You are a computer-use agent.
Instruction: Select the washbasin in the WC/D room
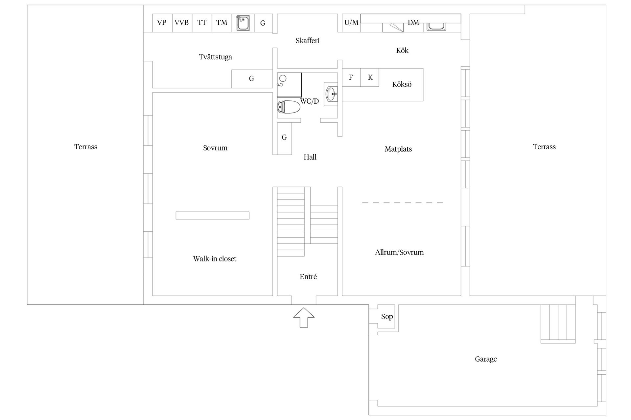pos(331,94)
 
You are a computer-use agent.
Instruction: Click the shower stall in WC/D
pos(289,85)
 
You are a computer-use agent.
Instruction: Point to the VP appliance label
pos(162,23)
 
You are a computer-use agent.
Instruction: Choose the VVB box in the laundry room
pos(182,23)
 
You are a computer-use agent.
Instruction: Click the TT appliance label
pos(202,23)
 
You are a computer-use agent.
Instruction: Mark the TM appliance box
pos(222,23)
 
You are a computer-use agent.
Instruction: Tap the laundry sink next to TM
pos(243,23)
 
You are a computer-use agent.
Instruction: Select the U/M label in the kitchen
pos(351,23)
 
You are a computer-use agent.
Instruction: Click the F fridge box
pos(351,77)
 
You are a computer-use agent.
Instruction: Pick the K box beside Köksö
pos(370,77)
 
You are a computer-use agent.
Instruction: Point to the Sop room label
pos(387,316)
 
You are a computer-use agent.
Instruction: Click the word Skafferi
pos(307,41)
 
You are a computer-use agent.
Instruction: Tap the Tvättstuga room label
pos(215,57)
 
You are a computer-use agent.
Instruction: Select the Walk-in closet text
pos(215,259)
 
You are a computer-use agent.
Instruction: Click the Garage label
pos(486,359)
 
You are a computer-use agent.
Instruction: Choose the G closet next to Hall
pos(284,138)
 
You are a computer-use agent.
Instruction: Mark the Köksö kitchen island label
pos(402,84)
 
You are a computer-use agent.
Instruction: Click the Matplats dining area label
pos(398,149)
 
